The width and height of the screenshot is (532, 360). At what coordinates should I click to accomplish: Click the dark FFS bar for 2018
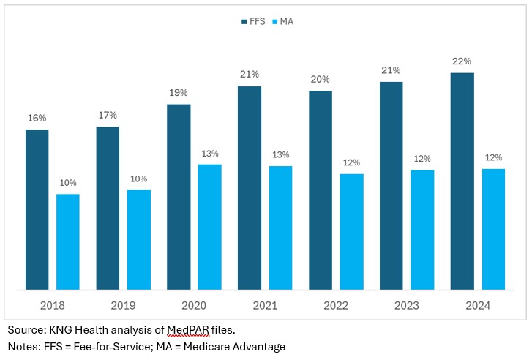37,210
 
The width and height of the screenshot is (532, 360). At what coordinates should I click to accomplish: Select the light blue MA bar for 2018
68,242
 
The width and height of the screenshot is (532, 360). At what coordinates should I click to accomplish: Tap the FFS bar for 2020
179,197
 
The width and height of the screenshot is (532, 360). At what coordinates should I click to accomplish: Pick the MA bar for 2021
280,228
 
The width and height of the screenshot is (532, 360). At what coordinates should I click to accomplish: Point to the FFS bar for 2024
462,181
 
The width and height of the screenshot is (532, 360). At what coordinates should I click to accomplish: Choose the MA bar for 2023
422,230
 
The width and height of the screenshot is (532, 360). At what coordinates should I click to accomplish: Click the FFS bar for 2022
321,190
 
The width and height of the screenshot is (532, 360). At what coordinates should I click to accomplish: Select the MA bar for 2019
139,240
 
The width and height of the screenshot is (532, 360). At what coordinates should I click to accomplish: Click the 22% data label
462,61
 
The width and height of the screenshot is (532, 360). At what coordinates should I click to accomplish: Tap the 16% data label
37,118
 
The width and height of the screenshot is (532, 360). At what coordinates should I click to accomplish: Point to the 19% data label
179,93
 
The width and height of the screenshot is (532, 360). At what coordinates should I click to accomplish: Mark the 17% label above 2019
108,115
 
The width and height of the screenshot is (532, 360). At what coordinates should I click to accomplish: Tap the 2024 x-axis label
477,305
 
